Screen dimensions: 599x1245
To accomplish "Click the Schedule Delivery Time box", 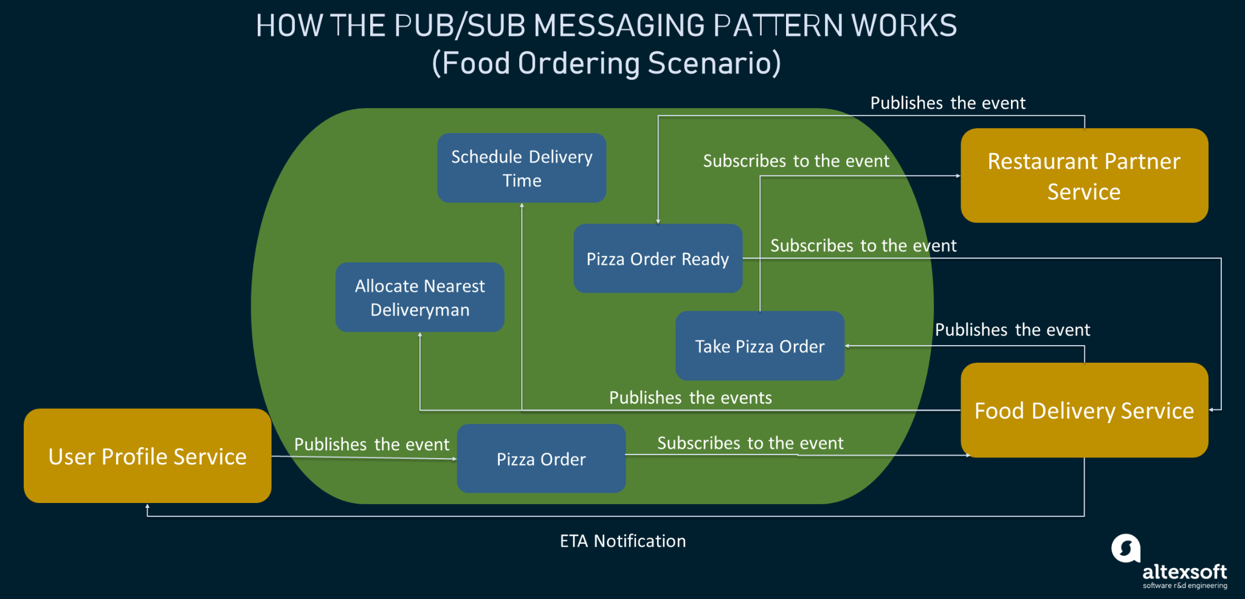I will point(522,168).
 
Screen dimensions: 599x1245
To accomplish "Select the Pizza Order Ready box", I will point(658,259).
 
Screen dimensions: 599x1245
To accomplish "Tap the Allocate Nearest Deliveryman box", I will point(419,297).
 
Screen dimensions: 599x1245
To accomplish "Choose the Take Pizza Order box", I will point(760,346).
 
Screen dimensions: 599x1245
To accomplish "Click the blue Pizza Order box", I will point(541,459).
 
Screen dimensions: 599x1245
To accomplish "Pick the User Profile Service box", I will point(147,456).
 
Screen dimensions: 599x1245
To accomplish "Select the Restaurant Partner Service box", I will point(1084,176).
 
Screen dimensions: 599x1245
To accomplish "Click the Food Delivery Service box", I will point(1084,410).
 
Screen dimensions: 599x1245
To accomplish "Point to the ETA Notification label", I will point(622,541).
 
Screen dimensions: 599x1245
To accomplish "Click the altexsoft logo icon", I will point(1126,549).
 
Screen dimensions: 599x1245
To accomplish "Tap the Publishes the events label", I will point(690,397).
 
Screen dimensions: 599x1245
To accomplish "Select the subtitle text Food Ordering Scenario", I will point(606,63).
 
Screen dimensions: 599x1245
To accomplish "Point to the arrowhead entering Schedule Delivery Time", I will point(522,205).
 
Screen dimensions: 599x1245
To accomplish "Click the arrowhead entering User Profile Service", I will point(147,506).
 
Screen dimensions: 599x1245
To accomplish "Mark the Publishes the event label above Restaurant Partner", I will point(947,103).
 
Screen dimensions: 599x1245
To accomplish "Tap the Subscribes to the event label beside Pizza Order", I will point(750,443).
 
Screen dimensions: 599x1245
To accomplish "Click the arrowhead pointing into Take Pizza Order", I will point(847,346).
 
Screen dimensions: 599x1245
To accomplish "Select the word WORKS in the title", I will point(904,26).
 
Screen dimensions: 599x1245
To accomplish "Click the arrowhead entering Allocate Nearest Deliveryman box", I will point(419,335).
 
